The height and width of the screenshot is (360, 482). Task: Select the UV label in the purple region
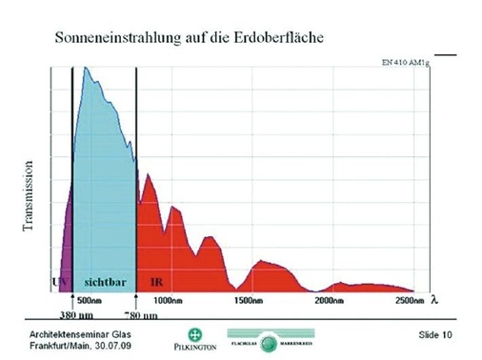click(x=59, y=283)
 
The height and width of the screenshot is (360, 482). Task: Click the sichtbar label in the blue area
click(x=103, y=283)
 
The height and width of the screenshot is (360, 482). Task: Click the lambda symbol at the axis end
click(x=433, y=299)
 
